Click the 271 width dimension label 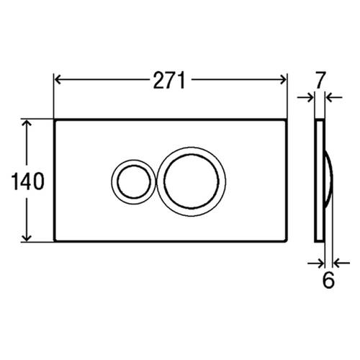coord(169,81)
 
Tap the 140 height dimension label coord(28,181)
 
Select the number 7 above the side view coord(320,80)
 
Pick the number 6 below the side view coord(328,280)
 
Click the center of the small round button coord(133,181)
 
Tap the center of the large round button coord(192,181)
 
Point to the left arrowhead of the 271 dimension coord(58,79)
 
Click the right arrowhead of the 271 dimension coord(283,79)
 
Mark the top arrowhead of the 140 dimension coord(27,124)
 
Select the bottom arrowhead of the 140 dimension coord(27,238)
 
